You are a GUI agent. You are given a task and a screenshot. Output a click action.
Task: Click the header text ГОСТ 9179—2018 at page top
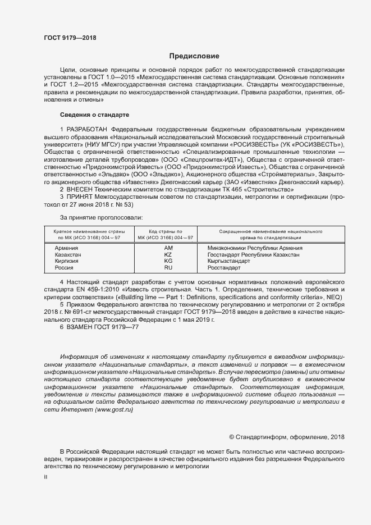click(x=70, y=38)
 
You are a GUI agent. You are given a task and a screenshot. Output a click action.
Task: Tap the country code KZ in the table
click(x=168, y=254)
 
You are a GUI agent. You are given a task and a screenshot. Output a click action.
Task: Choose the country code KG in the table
click(x=168, y=261)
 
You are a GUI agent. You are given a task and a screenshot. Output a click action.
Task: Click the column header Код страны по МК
click(x=165, y=231)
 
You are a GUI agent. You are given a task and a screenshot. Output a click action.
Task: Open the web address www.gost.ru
click(x=114, y=410)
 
